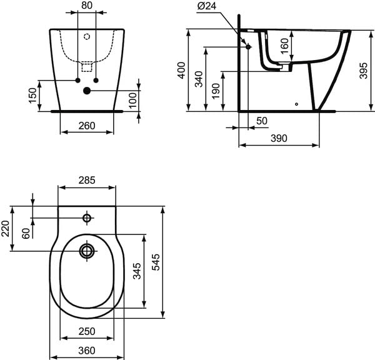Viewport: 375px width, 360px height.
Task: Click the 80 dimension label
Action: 87,5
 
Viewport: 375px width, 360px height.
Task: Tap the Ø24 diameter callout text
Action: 207,6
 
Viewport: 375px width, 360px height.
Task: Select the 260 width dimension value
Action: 87,126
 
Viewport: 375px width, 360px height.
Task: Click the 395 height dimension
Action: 363,71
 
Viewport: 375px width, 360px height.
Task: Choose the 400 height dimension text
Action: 181,71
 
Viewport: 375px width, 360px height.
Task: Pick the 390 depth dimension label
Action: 279,138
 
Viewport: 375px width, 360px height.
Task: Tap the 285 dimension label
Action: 87,180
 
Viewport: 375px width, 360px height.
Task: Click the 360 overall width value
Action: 87,351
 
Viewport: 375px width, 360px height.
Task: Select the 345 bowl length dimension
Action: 137,271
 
